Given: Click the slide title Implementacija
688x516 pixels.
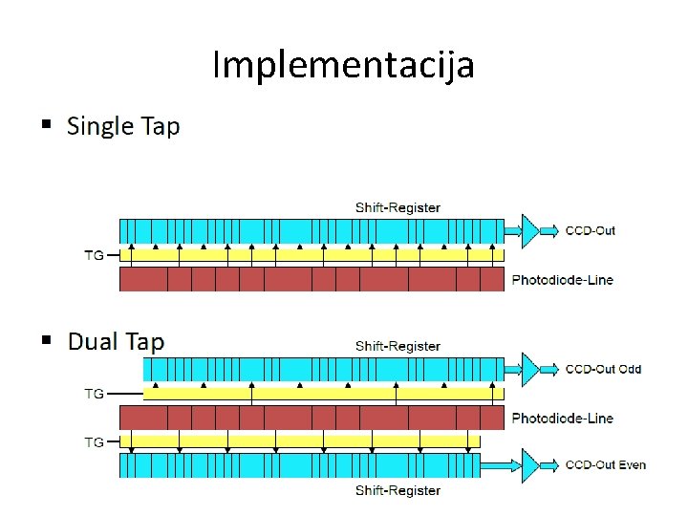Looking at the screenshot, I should [x=343, y=66].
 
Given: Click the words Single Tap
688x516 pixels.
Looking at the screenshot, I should [x=123, y=126].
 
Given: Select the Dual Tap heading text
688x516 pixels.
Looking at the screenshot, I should [x=116, y=342].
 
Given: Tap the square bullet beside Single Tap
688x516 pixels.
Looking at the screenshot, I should [x=46, y=125].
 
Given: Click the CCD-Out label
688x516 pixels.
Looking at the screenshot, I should [x=591, y=230].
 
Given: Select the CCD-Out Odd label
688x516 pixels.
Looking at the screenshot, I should [x=603, y=369].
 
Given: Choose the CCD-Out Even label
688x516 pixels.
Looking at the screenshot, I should [x=606, y=465].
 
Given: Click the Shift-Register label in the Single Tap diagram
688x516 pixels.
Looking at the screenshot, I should [x=398, y=207].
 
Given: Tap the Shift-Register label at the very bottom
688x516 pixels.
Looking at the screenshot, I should [x=398, y=490].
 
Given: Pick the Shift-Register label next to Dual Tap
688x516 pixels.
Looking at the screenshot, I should [x=398, y=346].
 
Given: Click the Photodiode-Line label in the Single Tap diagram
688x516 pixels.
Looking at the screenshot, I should [x=562, y=280].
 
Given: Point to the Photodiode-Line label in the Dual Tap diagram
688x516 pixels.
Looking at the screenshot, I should [x=562, y=418].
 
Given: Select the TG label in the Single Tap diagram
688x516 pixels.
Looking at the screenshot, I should [x=95, y=255].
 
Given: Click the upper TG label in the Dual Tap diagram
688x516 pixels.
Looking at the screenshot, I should [x=95, y=393].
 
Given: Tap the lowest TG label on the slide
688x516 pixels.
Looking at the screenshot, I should [x=95, y=442].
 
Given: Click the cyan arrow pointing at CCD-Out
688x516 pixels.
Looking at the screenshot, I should [x=550, y=230].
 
